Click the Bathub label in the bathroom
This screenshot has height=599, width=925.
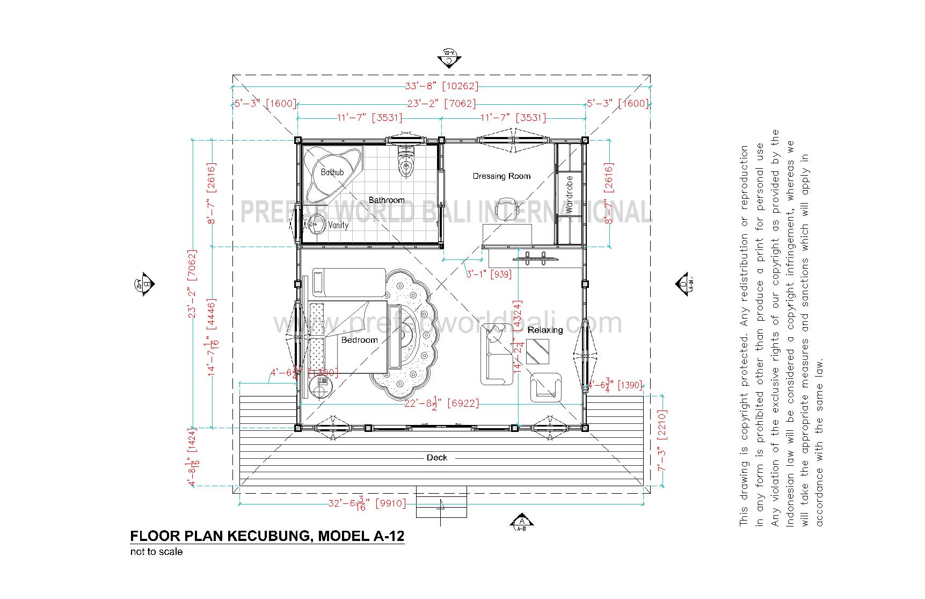(332, 172)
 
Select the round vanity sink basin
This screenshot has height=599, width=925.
(317, 223)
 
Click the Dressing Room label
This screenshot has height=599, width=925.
(501, 176)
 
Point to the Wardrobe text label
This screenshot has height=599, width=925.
(570, 194)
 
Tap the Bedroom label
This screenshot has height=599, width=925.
(359, 340)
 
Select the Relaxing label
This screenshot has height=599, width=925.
(545, 330)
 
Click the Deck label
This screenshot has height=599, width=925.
(436, 458)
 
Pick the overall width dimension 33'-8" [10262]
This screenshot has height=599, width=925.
(441, 86)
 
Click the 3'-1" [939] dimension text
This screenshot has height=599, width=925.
(488, 274)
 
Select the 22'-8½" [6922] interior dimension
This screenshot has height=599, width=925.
(441, 403)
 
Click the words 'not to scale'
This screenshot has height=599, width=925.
(156, 552)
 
